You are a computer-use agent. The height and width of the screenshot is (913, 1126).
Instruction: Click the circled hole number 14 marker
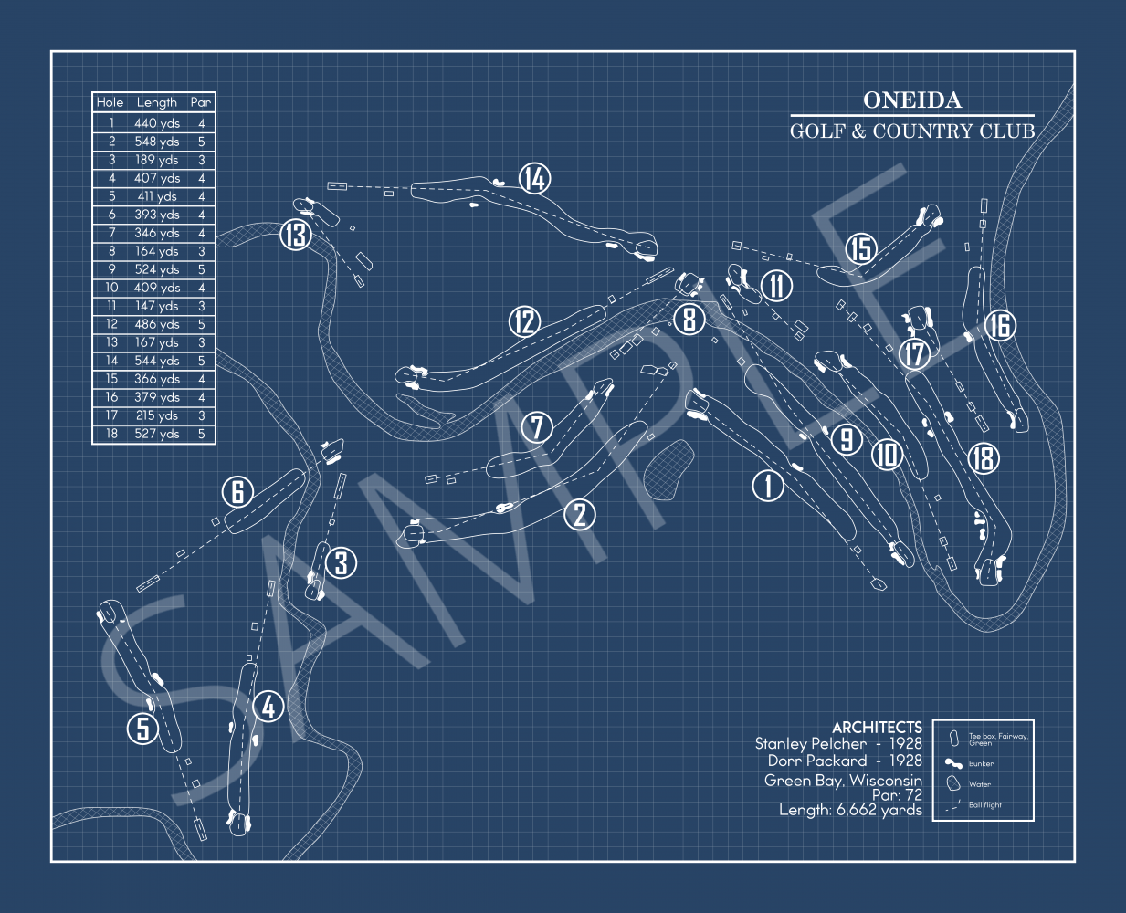click(x=534, y=178)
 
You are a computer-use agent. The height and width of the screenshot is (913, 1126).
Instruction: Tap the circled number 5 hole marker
click(x=142, y=729)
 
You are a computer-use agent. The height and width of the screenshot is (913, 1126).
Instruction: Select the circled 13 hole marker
click(x=296, y=235)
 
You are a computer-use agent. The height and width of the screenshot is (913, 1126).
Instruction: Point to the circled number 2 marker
click(x=580, y=515)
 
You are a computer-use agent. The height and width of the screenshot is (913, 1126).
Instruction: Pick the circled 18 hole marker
click(x=984, y=457)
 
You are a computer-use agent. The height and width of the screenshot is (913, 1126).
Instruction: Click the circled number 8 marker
click(x=689, y=320)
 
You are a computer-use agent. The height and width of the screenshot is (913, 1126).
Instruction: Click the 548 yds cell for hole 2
click(x=157, y=142)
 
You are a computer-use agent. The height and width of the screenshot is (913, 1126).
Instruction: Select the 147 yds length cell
click(x=157, y=306)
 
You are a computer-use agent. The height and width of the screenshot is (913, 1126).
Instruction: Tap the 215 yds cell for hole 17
click(x=157, y=415)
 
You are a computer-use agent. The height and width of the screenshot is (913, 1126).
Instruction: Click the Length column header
click(x=156, y=102)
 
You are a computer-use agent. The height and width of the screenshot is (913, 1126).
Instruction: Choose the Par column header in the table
click(x=201, y=102)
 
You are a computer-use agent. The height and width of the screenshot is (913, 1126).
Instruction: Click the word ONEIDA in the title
click(x=912, y=100)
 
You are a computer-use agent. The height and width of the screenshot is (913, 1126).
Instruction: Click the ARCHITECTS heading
click(x=877, y=728)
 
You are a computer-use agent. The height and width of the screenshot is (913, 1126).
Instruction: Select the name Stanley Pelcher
click(x=811, y=744)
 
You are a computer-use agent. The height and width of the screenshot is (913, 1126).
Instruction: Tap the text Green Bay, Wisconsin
click(x=843, y=781)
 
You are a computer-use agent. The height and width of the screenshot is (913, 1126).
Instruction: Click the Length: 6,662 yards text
click(x=850, y=810)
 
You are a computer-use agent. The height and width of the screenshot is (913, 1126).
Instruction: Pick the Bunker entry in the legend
click(x=981, y=763)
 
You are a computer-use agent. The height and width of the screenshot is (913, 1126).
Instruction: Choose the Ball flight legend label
click(x=984, y=804)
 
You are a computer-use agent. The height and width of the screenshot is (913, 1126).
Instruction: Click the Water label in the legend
click(x=980, y=784)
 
